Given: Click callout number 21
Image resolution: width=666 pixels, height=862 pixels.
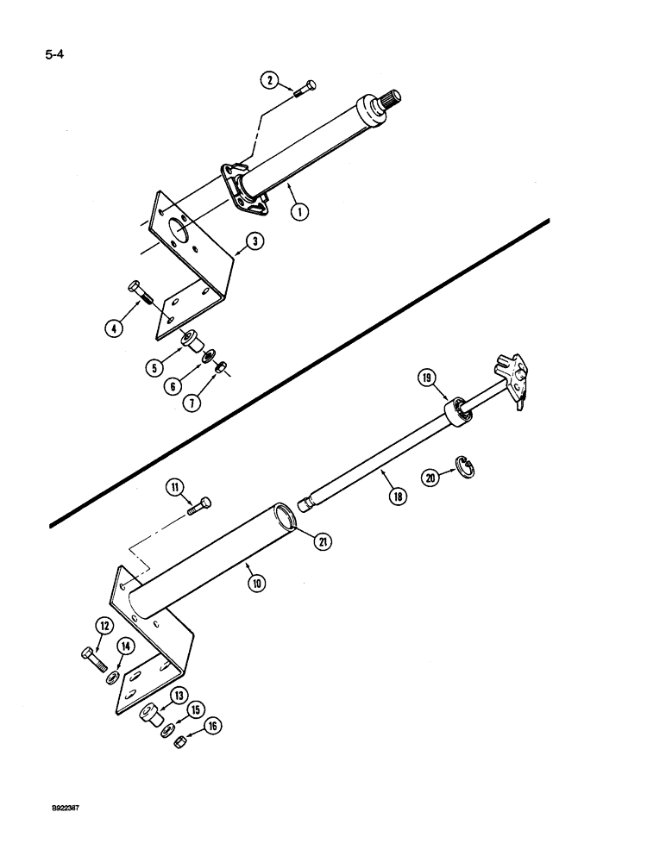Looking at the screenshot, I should tap(322, 541).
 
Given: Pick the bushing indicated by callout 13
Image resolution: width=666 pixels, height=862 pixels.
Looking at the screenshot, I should tap(150, 715).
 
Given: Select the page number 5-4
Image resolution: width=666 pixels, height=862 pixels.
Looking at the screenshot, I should tap(54, 56).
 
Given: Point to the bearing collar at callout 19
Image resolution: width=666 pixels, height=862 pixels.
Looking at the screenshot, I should tap(457, 411).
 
